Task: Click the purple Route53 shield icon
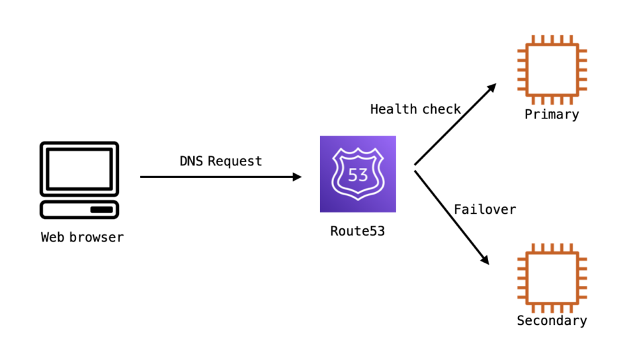coord(358,174)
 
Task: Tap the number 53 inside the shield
coord(358,177)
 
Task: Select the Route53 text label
coord(357,232)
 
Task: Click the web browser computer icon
coord(79,179)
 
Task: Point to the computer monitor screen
coord(79,169)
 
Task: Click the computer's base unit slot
coord(101,210)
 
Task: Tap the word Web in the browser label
coord(53,237)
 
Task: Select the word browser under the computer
coord(97,237)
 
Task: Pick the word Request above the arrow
coord(235,161)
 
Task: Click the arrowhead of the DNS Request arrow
coord(297,177)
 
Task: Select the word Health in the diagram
coord(393,109)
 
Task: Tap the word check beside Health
coord(441,109)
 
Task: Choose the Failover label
coord(484,209)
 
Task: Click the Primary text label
coord(552,114)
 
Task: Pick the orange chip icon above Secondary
coord(552,277)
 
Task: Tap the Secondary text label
coord(552,321)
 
